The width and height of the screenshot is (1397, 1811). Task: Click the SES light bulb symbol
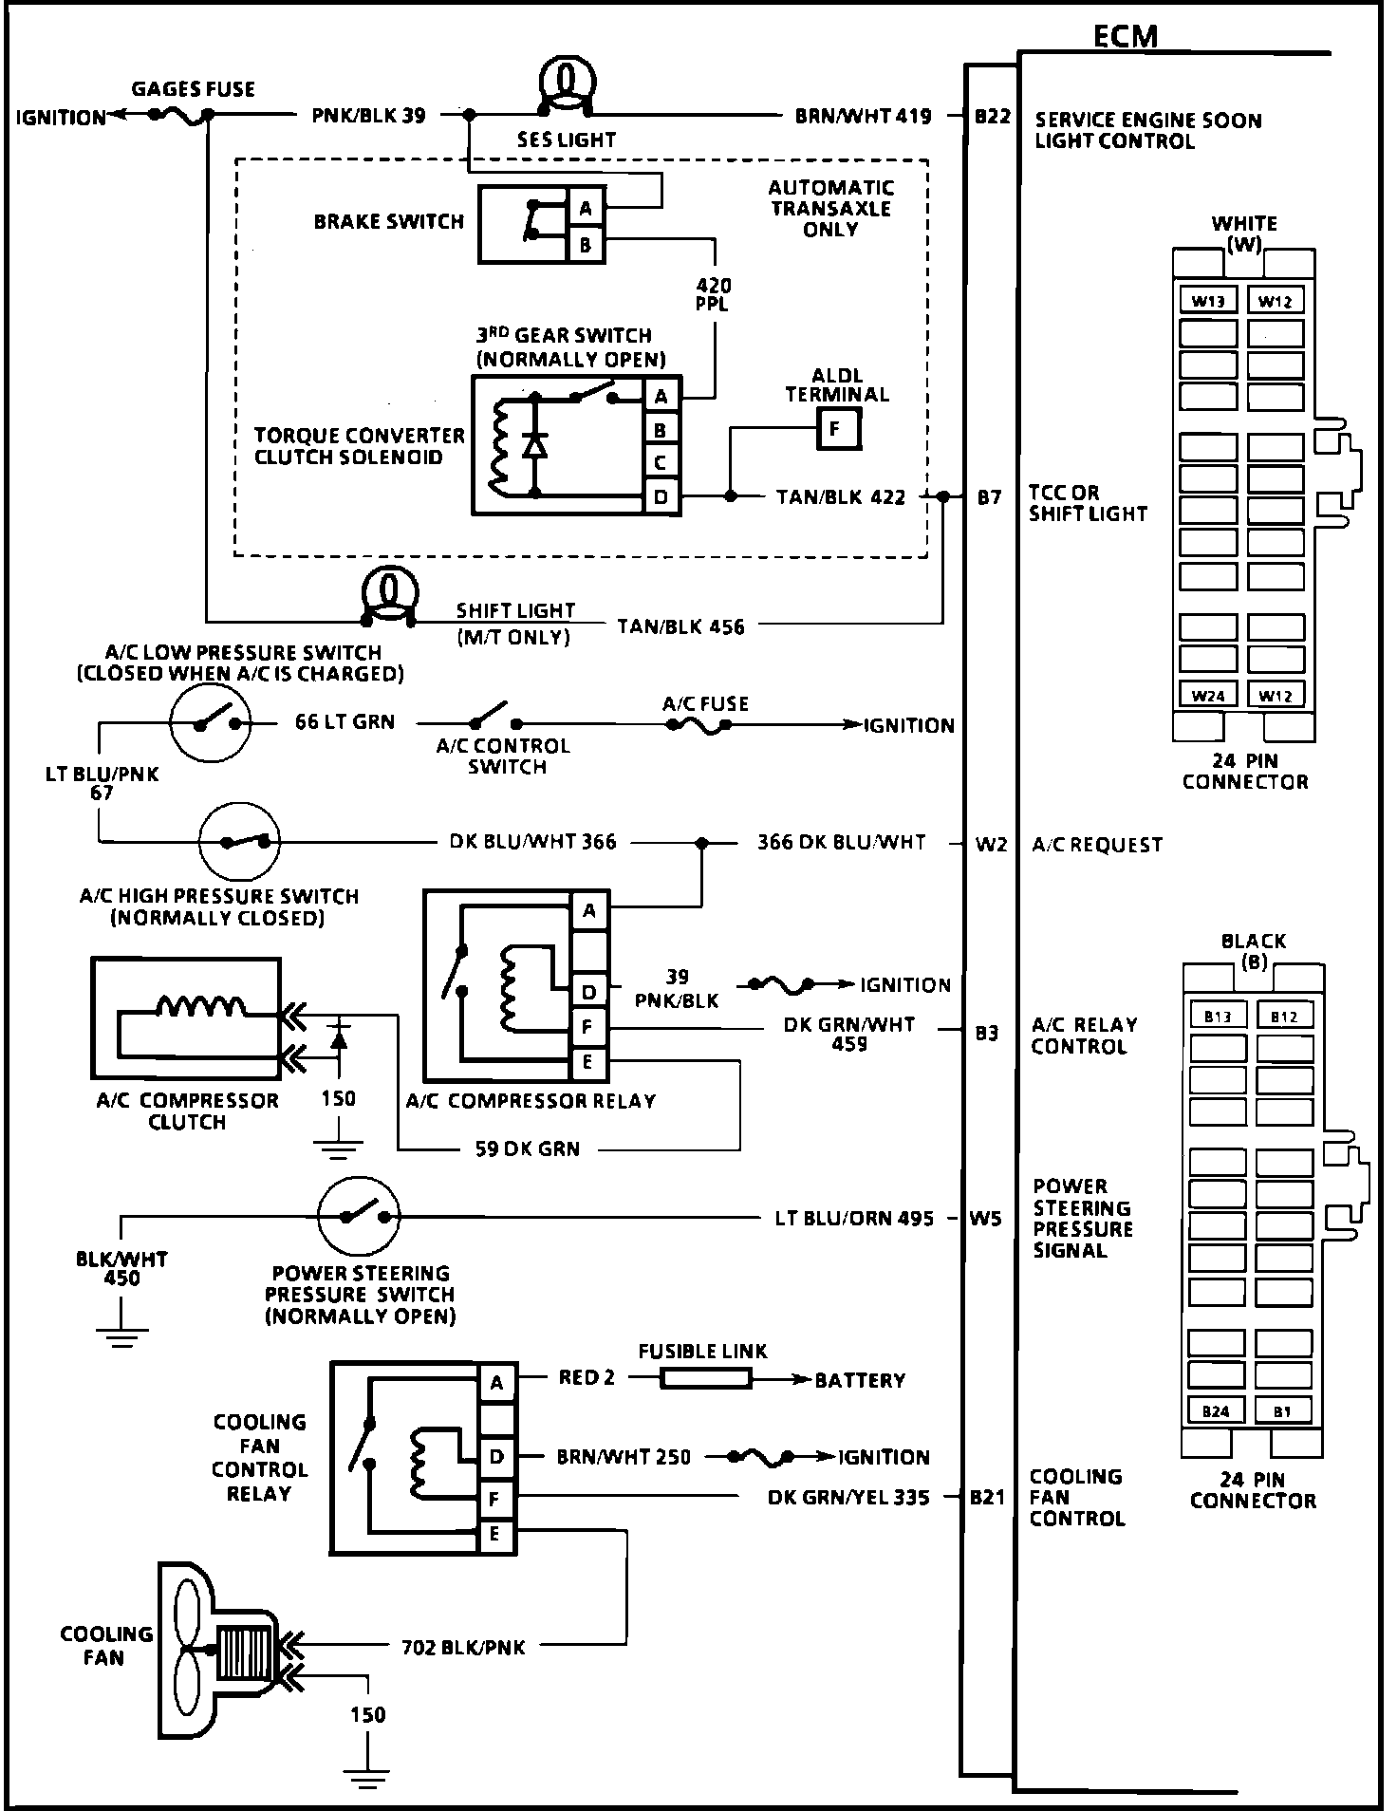tap(567, 81)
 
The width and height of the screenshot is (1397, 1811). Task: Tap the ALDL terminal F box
tap(835, 429)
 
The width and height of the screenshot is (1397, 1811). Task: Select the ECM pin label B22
tap(992, 117)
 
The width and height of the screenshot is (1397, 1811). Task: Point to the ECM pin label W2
tap(991, 844)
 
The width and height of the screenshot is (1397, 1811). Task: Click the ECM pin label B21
tap(987, 1498)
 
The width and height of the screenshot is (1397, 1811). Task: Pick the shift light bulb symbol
tap(389, 594)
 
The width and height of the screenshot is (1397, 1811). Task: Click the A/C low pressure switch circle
tap(211, 722)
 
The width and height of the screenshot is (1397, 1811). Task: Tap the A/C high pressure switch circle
tap(239, 841)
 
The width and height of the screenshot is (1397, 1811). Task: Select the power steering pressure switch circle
tap(359, 1217)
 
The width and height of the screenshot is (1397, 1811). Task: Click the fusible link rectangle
tap(704, 1378)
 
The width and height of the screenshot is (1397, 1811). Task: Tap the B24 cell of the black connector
tap(1216, 1411)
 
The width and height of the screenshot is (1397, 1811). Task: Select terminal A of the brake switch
tap(586, 209)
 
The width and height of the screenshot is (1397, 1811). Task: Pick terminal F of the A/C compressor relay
tap(588, 1027)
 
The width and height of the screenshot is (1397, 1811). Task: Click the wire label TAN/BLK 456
tap(680, 626)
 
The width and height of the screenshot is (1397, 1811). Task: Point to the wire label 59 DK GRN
tap(527, 1148)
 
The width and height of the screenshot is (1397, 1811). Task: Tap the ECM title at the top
tap(1126, 36)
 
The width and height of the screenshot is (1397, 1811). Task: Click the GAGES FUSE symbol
tap(180, 114)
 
